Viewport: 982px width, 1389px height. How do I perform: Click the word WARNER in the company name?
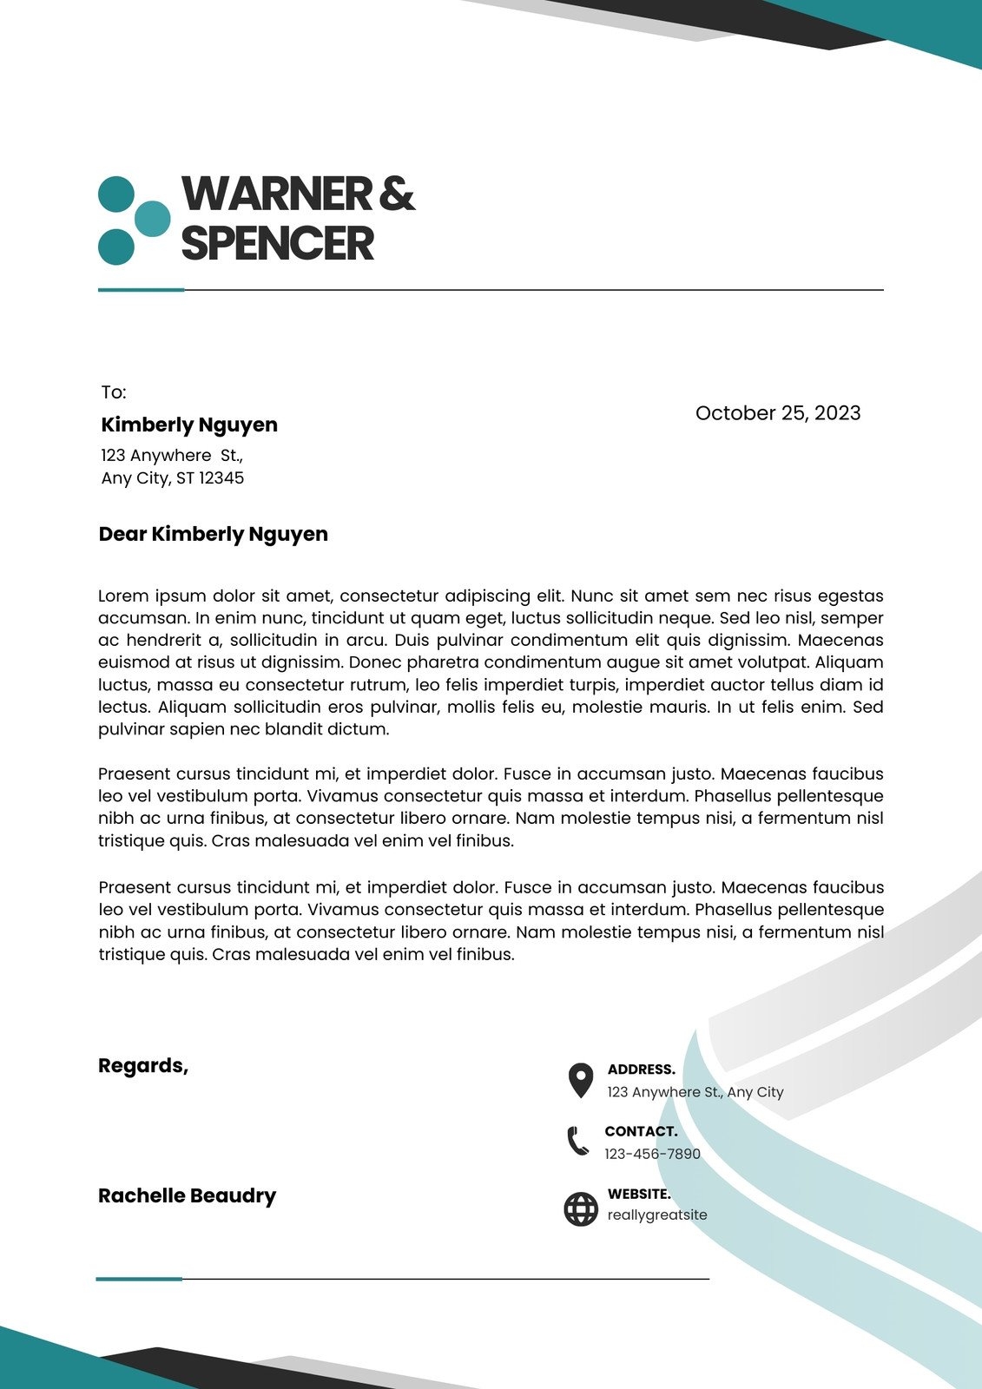coord(276,194)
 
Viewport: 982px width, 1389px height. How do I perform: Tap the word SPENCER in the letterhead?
coord(277,243)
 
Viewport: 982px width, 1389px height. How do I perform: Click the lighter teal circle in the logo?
coord(153,219)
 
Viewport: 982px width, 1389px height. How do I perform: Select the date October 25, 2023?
coord(778,413)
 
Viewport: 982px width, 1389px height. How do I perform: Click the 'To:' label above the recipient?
coord(114,392)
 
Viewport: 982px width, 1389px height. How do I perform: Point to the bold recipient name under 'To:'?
coord(189,425)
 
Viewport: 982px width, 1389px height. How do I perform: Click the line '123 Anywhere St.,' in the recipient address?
coord(172,455)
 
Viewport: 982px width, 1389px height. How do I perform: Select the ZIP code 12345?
coord(221,478)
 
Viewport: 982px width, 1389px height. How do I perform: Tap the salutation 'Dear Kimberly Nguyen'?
coord(214,534)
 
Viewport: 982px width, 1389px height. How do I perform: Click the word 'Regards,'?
coord(143,1065)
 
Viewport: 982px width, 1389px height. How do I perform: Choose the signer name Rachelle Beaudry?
coord(187,1195)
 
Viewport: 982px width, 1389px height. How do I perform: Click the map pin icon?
coord(580,1080)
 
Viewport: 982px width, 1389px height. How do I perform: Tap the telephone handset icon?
coord(577,1141)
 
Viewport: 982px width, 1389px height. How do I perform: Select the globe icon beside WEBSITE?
coord(581,1208)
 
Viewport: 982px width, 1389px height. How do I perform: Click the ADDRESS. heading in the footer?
coord(641,1070)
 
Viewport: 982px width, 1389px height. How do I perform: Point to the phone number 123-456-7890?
coord(652,1154)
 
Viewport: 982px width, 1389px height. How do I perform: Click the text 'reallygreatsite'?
coord(657,1215)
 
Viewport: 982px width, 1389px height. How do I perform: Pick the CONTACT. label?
coord(641,1131)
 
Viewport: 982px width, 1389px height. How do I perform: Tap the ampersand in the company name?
coord(397,194)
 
